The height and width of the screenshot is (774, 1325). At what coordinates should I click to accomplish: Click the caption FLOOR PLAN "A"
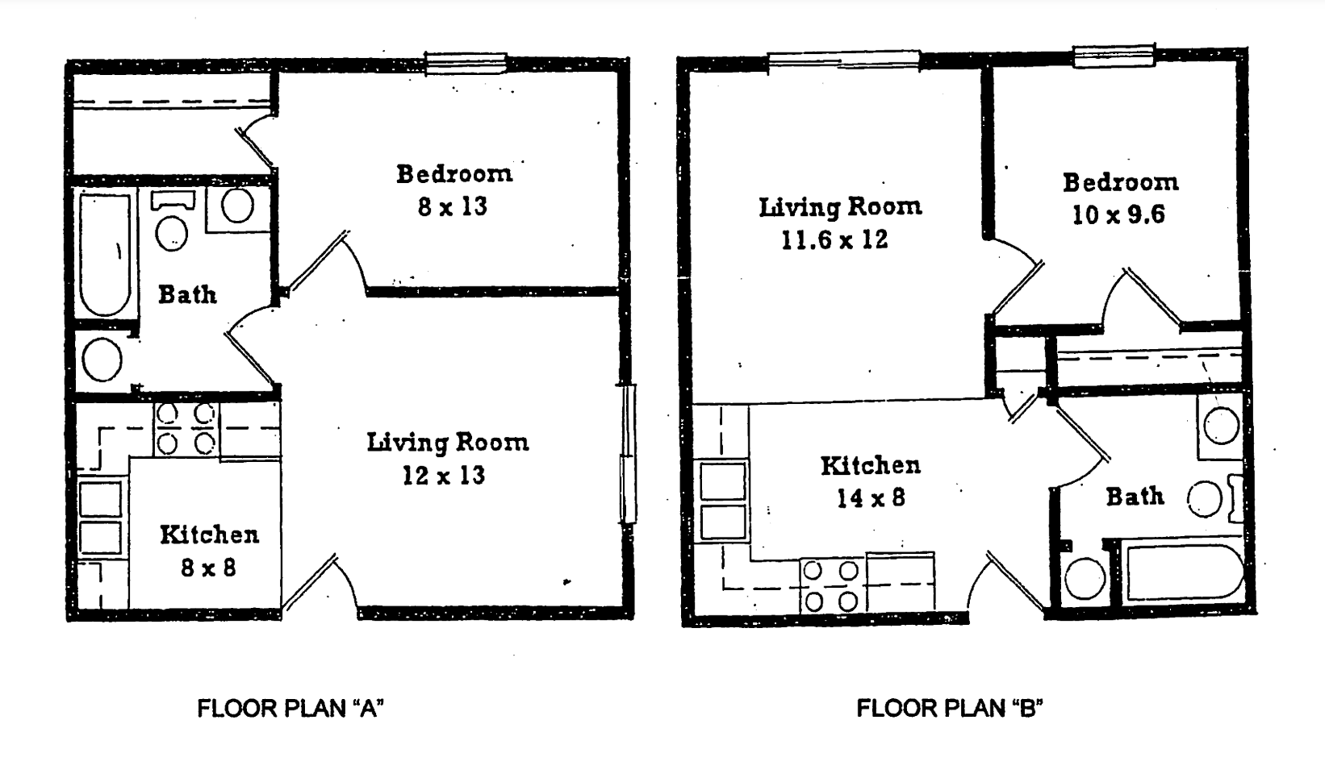[x=290, y=709]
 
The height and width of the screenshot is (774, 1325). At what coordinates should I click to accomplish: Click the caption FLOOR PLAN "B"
[x=950, y=709]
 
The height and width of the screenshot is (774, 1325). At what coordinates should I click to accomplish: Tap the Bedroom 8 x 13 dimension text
[x=453, y=207]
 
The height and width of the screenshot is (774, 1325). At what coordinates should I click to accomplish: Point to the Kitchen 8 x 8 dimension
[x=208, y=568]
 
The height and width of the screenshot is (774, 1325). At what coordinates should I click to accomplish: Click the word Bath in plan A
[x=187, y=294]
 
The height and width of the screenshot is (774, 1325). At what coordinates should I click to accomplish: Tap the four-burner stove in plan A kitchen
[x=186, y=430]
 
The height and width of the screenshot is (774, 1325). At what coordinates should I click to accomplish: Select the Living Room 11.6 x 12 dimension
[x=834, y=239]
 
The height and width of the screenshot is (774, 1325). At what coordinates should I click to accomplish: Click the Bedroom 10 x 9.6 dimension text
[x=1118, y=215]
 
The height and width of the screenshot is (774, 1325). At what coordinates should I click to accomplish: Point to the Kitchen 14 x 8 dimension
[x=870, y=498]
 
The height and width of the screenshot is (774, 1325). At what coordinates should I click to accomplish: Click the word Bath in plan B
[x=1134, y=496]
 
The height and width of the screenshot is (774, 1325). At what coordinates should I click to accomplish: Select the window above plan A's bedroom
[x=466, y=63]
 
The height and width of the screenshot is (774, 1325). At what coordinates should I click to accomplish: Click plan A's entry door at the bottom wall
[x=319, y=585]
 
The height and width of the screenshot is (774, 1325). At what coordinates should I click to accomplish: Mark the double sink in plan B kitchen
[x=723, y=500]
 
